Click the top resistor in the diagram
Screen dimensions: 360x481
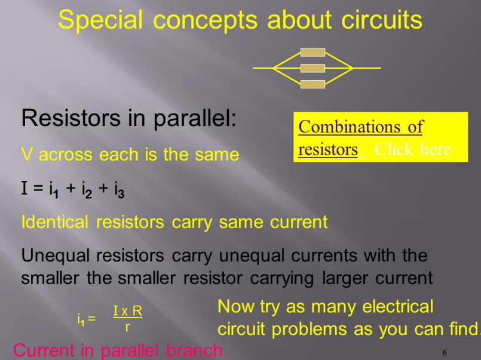313,53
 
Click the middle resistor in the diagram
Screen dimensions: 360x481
313,68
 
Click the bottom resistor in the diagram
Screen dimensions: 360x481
313,84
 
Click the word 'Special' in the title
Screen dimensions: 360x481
100,21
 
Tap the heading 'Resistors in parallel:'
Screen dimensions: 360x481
129,118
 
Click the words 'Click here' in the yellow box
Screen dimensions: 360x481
412,149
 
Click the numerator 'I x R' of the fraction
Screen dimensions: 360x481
127,311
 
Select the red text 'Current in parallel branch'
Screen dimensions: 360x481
118,350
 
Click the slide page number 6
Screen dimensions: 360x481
445,352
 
